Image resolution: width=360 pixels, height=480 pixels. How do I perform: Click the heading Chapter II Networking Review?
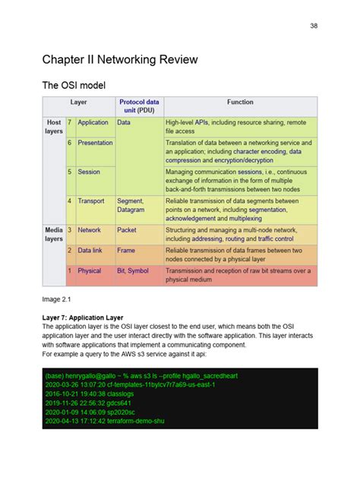tap(120, 59)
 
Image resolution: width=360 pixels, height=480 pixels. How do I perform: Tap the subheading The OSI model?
tap(74, 87)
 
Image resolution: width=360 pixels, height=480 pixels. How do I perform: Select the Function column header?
tap(240, 102)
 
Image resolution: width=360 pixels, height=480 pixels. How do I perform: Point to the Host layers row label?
tap(54, 126)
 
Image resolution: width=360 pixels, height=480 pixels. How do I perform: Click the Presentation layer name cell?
tap(95, 143)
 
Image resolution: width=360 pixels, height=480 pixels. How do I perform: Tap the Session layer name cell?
tap(89, 172)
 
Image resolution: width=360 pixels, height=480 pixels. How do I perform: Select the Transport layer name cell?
tap(91, 201)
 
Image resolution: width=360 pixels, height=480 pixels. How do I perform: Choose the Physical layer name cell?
tap(89, 270)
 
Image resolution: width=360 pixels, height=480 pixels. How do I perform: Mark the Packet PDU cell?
tap(127, 229)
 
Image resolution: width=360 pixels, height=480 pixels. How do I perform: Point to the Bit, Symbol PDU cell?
tap(133, 270)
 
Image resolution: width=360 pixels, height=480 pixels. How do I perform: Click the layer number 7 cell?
tap(69, 122)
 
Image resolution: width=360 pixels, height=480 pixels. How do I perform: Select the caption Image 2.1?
tap(57, 299)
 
